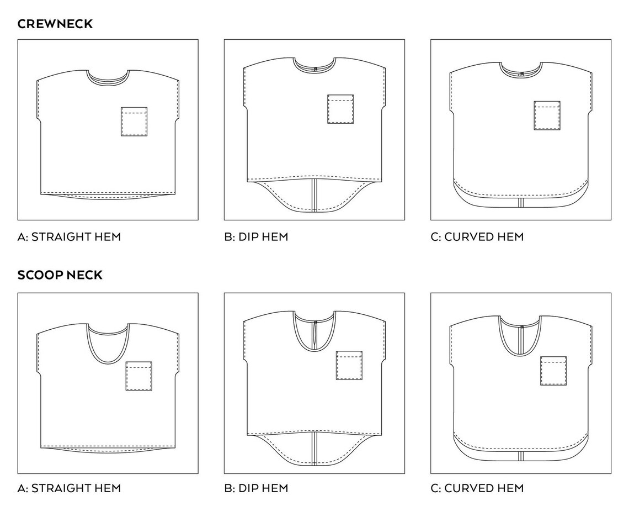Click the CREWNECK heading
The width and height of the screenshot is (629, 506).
point(55,24)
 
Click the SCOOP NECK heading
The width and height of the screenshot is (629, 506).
point(60,275)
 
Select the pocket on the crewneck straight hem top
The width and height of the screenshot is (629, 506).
point(134,122)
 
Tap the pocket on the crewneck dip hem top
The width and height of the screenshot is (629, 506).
point(340,109)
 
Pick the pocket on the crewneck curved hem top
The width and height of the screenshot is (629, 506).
point(547,115)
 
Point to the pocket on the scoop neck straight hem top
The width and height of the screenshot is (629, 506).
point(139,376)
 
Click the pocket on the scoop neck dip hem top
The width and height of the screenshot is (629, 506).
point(349,365)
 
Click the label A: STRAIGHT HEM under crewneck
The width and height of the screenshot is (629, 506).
point(69,237)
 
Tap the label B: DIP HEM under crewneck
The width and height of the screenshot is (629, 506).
point(256,237)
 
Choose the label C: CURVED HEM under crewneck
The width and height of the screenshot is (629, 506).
point(476,237)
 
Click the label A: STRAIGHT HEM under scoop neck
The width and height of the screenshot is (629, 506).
point(69,488)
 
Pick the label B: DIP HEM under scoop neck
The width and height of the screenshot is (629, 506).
point(256,488)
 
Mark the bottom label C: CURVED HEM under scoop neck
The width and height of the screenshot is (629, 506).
point(476,488)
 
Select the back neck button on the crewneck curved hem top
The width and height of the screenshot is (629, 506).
point(521,72)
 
